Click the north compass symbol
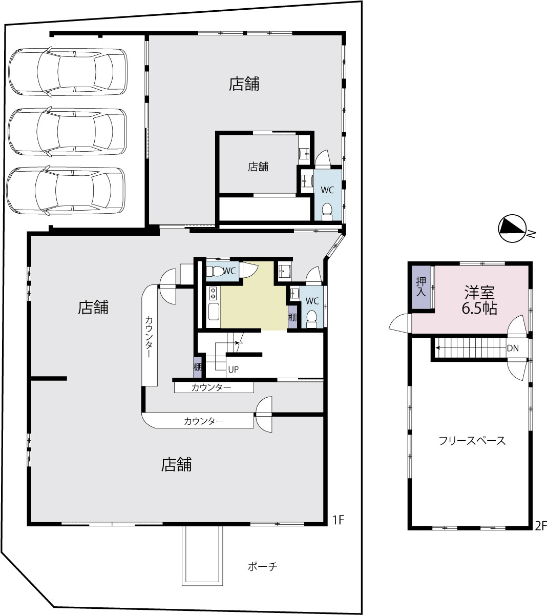point(513,229)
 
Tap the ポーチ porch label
point(262,566)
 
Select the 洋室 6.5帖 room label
point(479,300)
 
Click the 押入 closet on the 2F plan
point(421,287)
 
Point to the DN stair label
point(513,348)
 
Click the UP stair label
point(234,370)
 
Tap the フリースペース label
point(472,440)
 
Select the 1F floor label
point(339,520)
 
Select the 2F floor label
point(541,526)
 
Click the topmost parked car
point(68,72)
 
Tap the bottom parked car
point(66,191)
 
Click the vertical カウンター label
point(149,337)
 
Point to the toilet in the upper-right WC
point(327,212)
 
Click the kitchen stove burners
point(213,293)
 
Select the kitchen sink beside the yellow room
point(214,311)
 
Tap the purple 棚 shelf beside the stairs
point(197,367)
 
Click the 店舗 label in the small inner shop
point(258,167)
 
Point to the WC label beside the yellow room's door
point(229,271)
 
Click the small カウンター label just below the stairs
point(211,387)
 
